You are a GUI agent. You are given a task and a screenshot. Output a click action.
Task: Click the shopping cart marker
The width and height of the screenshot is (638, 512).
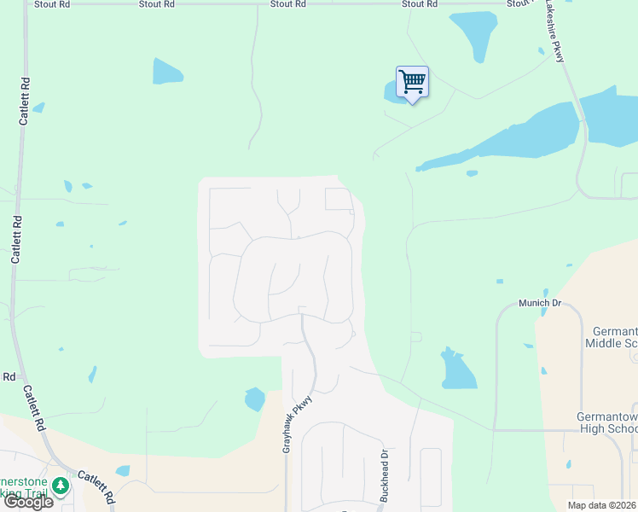pyautogui.click(x=412, y=83)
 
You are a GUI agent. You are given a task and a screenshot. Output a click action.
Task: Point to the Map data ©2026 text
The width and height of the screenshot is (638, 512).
pyautogui.click(x=602, y=505)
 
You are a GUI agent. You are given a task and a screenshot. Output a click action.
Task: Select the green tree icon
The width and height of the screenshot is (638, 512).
pyautogui.click(x=60, y=486)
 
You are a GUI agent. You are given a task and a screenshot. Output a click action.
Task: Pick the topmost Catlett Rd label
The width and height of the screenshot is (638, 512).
pyautogui.click(x=25, y=102)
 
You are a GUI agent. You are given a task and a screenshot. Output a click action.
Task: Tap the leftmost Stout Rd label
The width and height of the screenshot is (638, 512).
pyautogui.click(x=50, y=4)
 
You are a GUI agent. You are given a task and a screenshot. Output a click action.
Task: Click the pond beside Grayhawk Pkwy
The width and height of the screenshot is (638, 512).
pyautogui.click(x=254, y=399)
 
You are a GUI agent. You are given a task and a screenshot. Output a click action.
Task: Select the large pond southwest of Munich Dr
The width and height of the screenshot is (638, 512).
pyautogui.click(x=457, y=369)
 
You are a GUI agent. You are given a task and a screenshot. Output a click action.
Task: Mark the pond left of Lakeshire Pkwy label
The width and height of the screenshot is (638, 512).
pyautogui.click(x=474, y=34)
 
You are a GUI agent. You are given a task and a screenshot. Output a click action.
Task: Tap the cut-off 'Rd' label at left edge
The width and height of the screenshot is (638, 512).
pyautogui.click(x=9, y=376)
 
